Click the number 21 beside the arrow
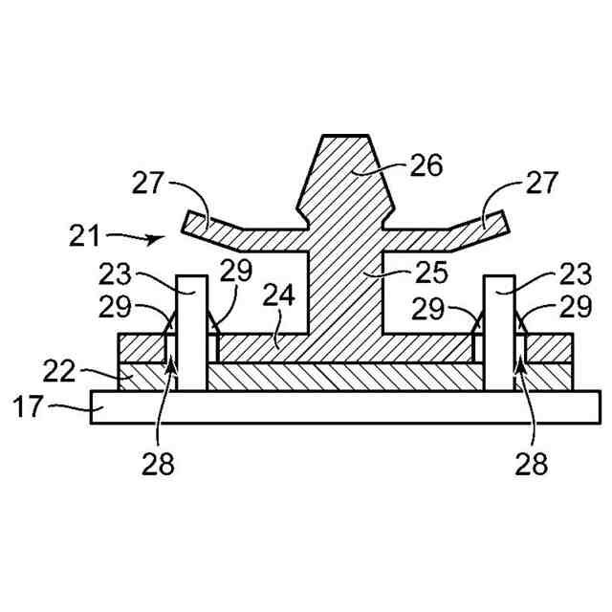click(x=85, y=233)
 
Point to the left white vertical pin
click(x=191, y=335)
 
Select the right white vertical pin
click(x=499, y=335)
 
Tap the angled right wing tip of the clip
click(x=494, y=223)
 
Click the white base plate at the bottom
click(x=335, y=406)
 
